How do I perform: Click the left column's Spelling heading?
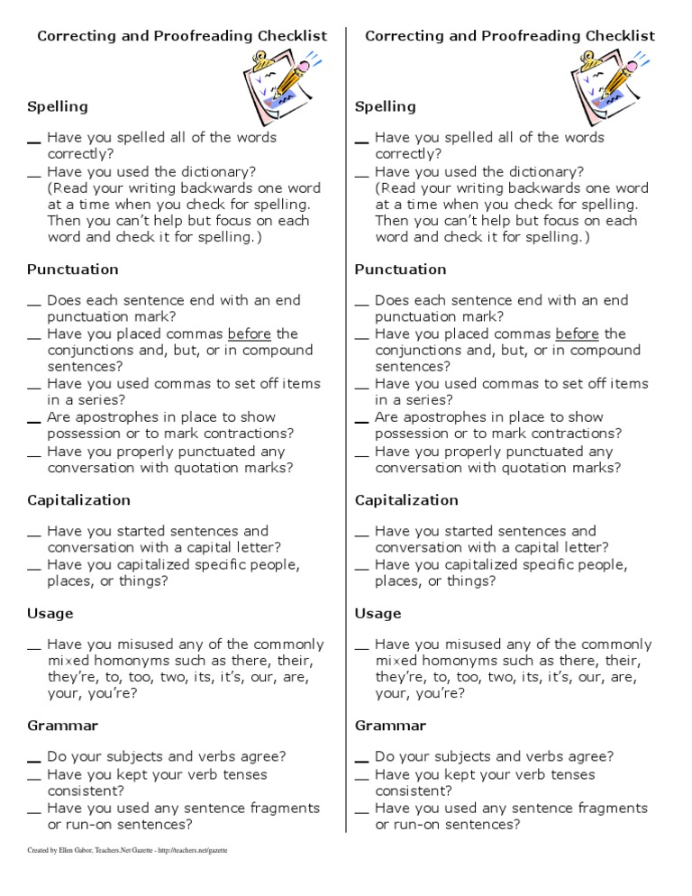click(x=58, y=106)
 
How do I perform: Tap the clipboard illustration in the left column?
click(x=278, y=86)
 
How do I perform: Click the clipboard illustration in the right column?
click(x=606, y=86)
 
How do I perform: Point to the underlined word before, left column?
click(x=250, y=334)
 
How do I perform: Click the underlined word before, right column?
click(x=578, y=334)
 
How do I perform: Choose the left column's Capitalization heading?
click(x=78, y=500)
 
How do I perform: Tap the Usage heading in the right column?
click(x=378, y=614)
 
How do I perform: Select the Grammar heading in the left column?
click(x=63, y=726)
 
